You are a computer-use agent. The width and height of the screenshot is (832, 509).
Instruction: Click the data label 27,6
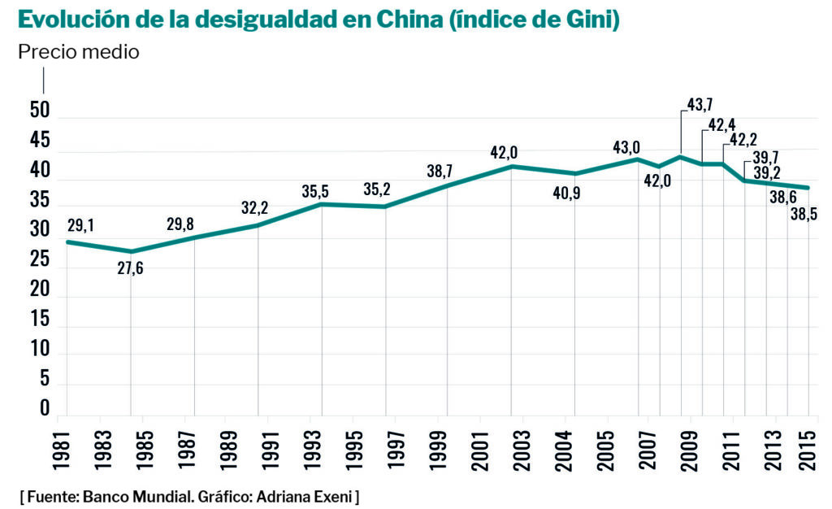[x=130, y=268]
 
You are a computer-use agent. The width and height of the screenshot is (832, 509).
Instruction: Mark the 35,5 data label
[x=315, y=192]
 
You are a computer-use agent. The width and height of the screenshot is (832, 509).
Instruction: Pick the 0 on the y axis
[x=45, y=408]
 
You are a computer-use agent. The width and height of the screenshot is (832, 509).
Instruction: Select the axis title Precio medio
[x=79, y=53]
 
